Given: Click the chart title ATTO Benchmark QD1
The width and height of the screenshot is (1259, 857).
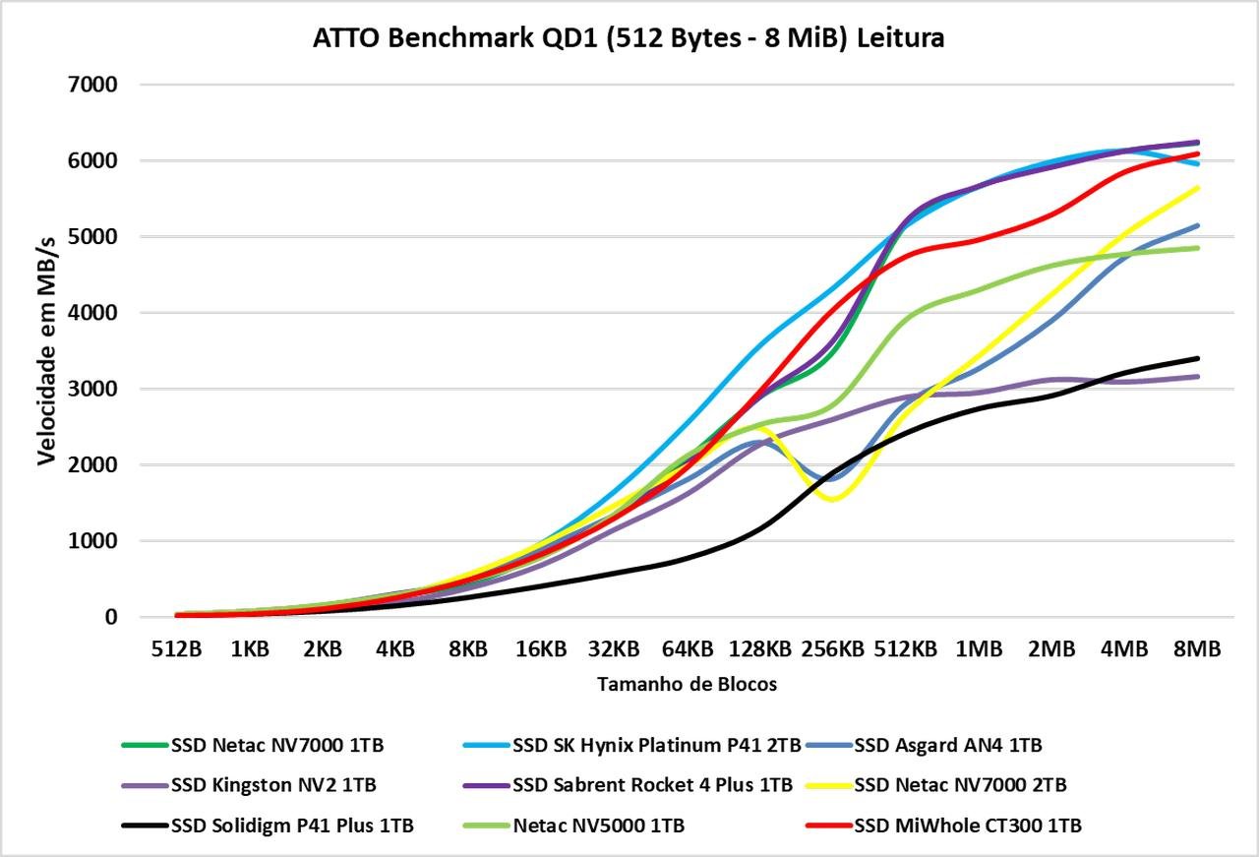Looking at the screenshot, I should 629,38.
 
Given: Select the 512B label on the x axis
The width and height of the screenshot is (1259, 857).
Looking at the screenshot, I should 177,649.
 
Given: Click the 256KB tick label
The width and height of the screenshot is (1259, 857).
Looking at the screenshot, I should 832,649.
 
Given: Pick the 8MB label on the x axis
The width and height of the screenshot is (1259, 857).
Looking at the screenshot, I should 1197,649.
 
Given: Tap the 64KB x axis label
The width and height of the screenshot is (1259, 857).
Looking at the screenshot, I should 687,649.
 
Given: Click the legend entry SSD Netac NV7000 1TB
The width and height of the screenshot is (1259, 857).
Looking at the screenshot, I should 276,745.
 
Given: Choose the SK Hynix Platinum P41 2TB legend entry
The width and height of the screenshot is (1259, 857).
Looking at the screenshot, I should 656,745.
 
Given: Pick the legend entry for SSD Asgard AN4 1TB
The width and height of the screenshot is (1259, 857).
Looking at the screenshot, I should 947,745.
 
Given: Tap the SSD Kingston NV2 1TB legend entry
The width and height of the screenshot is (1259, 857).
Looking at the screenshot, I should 272,785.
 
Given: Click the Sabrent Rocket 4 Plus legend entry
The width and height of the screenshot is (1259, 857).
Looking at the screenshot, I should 652,785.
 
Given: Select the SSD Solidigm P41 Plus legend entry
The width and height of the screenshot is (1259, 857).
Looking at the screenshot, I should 291,826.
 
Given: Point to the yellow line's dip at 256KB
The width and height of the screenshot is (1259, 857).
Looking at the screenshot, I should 833,499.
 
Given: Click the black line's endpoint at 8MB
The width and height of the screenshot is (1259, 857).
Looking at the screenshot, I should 1197,358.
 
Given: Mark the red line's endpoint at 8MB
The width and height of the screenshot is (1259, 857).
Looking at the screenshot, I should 1197,153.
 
